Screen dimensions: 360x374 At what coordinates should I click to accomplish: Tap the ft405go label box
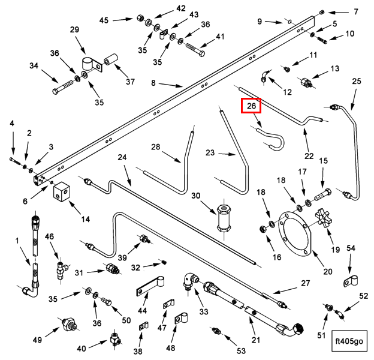point(349,341)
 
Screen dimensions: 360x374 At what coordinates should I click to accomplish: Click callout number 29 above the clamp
point(75,30)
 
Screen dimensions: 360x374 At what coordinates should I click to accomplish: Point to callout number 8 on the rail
point(153,83)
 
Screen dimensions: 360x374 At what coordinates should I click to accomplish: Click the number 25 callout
point(357,81)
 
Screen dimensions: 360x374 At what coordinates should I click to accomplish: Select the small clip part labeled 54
point(350,280)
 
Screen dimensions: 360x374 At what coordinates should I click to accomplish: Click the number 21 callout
point(255,340)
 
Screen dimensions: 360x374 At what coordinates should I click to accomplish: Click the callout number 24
point(123,158)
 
